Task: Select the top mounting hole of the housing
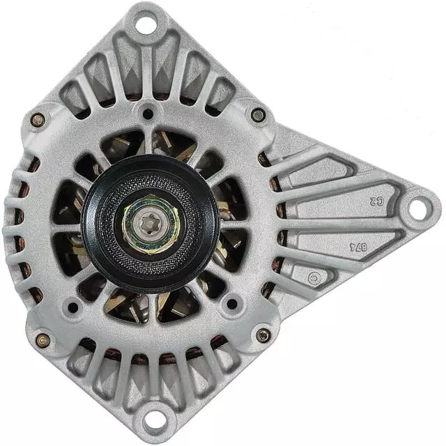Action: coord(145,24)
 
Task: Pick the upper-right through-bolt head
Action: coord(259,115)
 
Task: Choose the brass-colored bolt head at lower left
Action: coord(43,339)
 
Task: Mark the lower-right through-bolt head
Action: coord(263,335)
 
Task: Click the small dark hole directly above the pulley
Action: coord(148,112)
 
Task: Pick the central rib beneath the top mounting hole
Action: coord(145,66)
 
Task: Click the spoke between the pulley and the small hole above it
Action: coord(148,139)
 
